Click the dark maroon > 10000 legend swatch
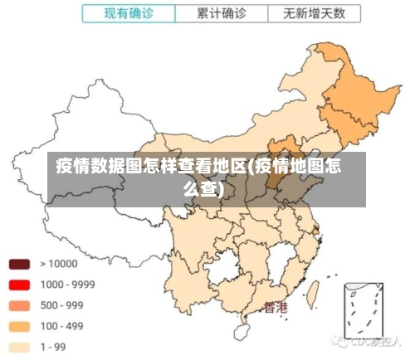pyautogui.click(x=20, y=264)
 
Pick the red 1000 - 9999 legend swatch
pyautogui.click(x=20, y=285)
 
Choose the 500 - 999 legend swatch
pyautogui.click(x=20, y=305)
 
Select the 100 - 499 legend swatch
pyautogui.click(x=20, y=326)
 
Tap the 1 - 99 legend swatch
pyautogui.click(x=20, y=348)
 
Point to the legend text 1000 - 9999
pyautogui.click(x=67, y=285)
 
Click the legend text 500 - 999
pyautogui.click(x=61, y=305)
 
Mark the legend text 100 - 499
pyautogui.click(x=61, y=326)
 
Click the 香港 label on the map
pyautogui.click(x=276, y=308)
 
